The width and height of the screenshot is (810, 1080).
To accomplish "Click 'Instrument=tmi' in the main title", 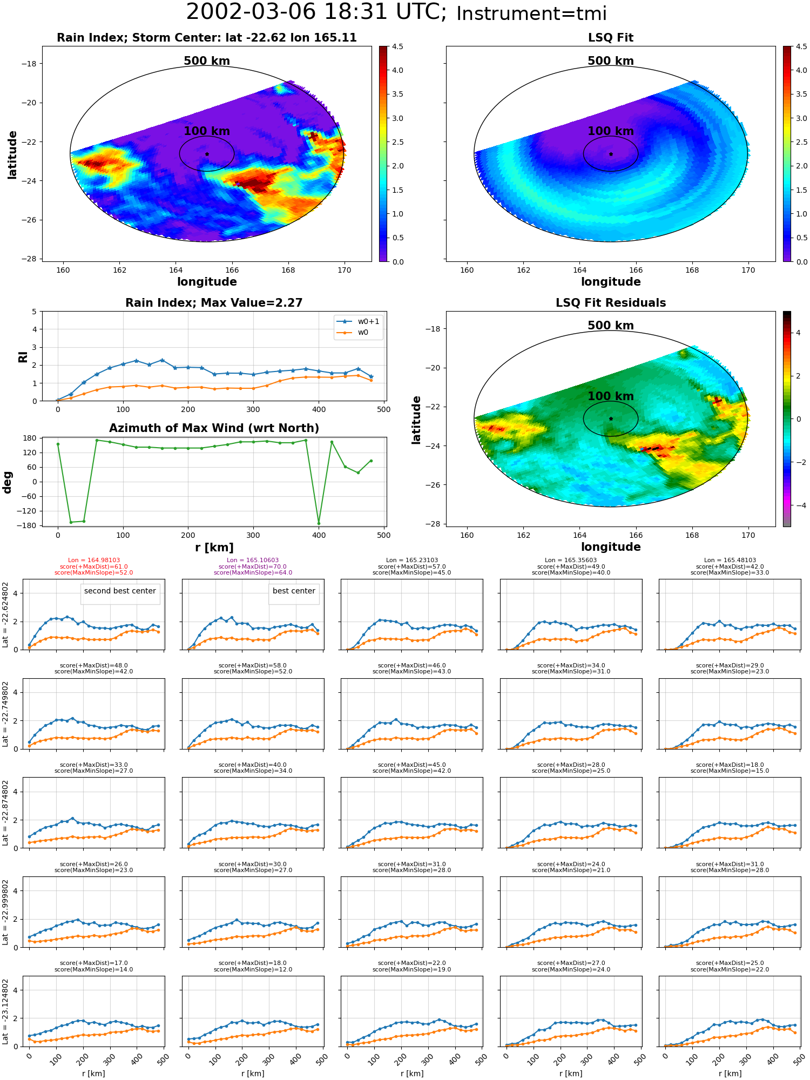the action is pyautogui.click(x=531, y=13).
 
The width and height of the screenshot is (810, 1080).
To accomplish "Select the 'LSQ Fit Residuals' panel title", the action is pyautogui.click(x=611, y=303).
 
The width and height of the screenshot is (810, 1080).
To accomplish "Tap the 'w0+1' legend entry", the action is pyautogui.click(x=359, y=321).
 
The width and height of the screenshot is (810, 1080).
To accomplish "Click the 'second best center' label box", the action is pyautogui.click(x=120, y=591).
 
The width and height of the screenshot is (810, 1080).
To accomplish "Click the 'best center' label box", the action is pyautogui.click(x=294, y=591).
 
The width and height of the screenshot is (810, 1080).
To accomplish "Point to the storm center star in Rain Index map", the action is pyautogui.click(x=207, y=154).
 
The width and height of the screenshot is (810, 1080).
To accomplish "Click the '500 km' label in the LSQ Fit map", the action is pyautogui.click(x=611, y=61).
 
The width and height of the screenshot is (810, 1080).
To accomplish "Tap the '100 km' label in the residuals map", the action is pyautogui.click(x=611, y=396).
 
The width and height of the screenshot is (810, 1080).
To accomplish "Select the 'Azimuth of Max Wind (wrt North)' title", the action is pyautogui.click(x=214, y=428).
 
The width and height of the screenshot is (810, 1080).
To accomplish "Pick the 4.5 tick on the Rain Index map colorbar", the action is pyautogui.click(x=397, y=46).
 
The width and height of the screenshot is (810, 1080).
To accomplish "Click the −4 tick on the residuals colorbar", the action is pyautogui.click(x=798, y=505).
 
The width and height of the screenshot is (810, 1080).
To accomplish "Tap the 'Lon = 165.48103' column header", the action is pyautogui.click(x=730, y=561).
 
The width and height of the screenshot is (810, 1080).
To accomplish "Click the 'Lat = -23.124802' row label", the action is pyautogui.click(x=5, y=1011).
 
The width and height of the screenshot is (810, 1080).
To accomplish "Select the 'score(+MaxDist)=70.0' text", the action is pyautogui.click(x=253, y=566).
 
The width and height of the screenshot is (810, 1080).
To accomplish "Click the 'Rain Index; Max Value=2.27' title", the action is pyautogui.click(x=214, y=303).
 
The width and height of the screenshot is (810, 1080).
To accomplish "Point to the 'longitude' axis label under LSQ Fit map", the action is pyautogui.click(x=611, y=282).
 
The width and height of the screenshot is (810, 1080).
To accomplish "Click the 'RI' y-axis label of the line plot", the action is pyautogui.click(x=23, y=356).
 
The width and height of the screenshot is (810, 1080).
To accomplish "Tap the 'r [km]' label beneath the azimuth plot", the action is pyautogui.click(x=214, y=548).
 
